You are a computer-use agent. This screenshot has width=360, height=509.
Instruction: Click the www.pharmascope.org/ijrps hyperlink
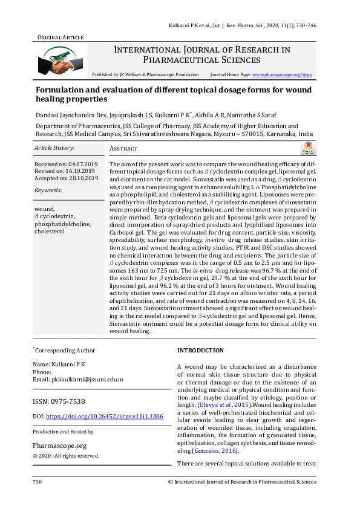(x=281, y=74)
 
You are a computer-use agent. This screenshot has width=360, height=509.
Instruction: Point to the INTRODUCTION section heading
(x=200, y=351)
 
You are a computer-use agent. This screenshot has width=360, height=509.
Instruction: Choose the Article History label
(x=54, y=148)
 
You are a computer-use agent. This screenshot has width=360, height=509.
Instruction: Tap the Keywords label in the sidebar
(x=48, y=190)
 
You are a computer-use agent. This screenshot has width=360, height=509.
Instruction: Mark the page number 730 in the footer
(x=38, y=482)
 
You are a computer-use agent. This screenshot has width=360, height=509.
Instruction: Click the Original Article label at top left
(x=58, y=37)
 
